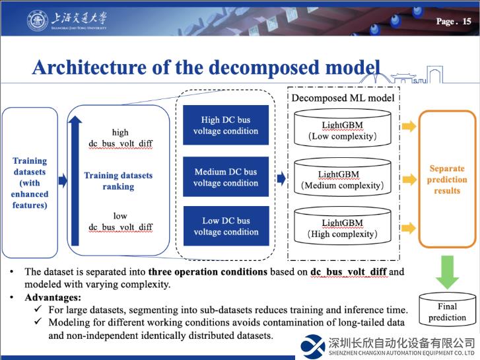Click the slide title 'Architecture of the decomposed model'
[x=206, y=67]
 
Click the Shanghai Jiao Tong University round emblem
[x=37, y=20]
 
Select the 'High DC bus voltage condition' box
[x=226, y=126]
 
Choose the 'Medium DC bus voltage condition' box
[x=226, y=177]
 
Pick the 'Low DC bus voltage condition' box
[x=226, y=226]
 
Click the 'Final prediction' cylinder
[x=447, y=312]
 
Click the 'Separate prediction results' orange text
[x=447, y=180]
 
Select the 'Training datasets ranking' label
[x=118, y=181]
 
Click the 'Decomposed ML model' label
[x=343, y=98]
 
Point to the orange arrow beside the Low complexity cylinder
[x=409, y=127]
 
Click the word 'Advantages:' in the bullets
[x=52, y=297]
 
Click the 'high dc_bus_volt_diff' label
[x=120, y=138]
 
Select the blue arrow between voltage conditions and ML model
[x=281, y=178]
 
